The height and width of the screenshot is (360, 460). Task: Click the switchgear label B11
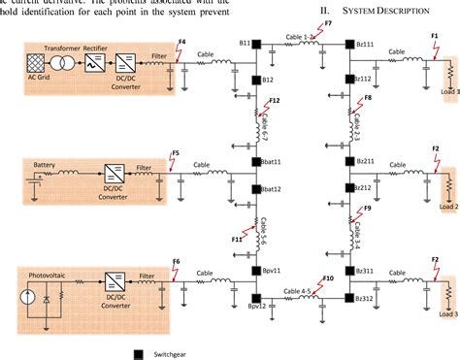click(x=245, y=44)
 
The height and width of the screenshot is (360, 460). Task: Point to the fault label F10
click(x=328, y=279)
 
